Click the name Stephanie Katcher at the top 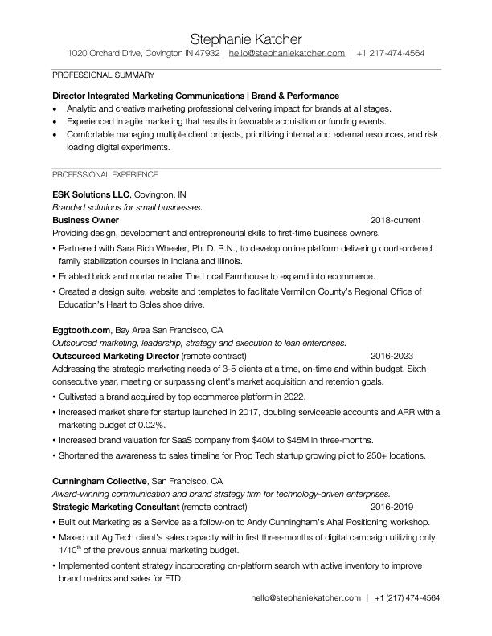pos(246,39)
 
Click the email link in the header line pos(286,53)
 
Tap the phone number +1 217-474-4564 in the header pos(391,53)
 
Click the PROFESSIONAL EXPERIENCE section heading pos(105,174)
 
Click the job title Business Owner pos(85,220)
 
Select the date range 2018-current pos(396,220)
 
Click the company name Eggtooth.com pos(80,330)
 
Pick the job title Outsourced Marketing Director pos(116,355)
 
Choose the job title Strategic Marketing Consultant pos(115,507)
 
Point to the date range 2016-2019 pos(392,507)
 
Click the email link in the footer pos(305,598)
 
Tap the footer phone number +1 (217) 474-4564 pos(407,598)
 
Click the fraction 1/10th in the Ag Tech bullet pos(71,550)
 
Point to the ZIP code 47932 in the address pos(207,53)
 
